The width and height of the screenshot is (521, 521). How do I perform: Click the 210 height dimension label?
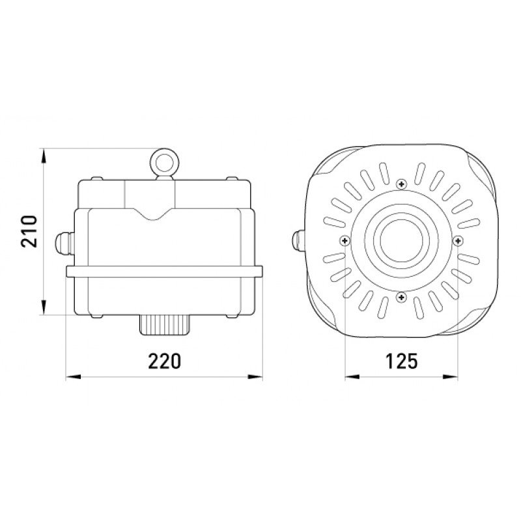pos(28,231)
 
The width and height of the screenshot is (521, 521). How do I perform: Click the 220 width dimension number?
pos(165,361)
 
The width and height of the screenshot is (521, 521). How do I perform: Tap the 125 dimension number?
pos(401,361)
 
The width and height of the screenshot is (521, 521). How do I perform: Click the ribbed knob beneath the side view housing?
pos(165,324)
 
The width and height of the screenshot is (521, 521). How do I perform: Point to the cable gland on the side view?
pos(64,244)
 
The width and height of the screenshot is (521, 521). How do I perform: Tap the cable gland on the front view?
pos(298,240)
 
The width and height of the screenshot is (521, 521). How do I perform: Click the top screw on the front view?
pos(402,184)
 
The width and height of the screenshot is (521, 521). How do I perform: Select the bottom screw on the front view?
pos(402,297)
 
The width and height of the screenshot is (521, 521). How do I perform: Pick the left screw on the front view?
pos(345,240)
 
